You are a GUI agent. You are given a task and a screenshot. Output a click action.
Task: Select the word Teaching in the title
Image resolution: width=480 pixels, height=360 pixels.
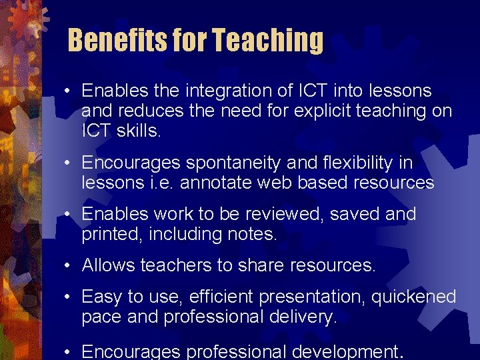coord(267,41)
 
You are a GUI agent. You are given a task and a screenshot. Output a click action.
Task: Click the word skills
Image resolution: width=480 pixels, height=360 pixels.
coord(139,131)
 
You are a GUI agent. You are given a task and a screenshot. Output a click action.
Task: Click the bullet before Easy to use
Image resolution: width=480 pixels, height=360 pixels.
coord(69,297)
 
